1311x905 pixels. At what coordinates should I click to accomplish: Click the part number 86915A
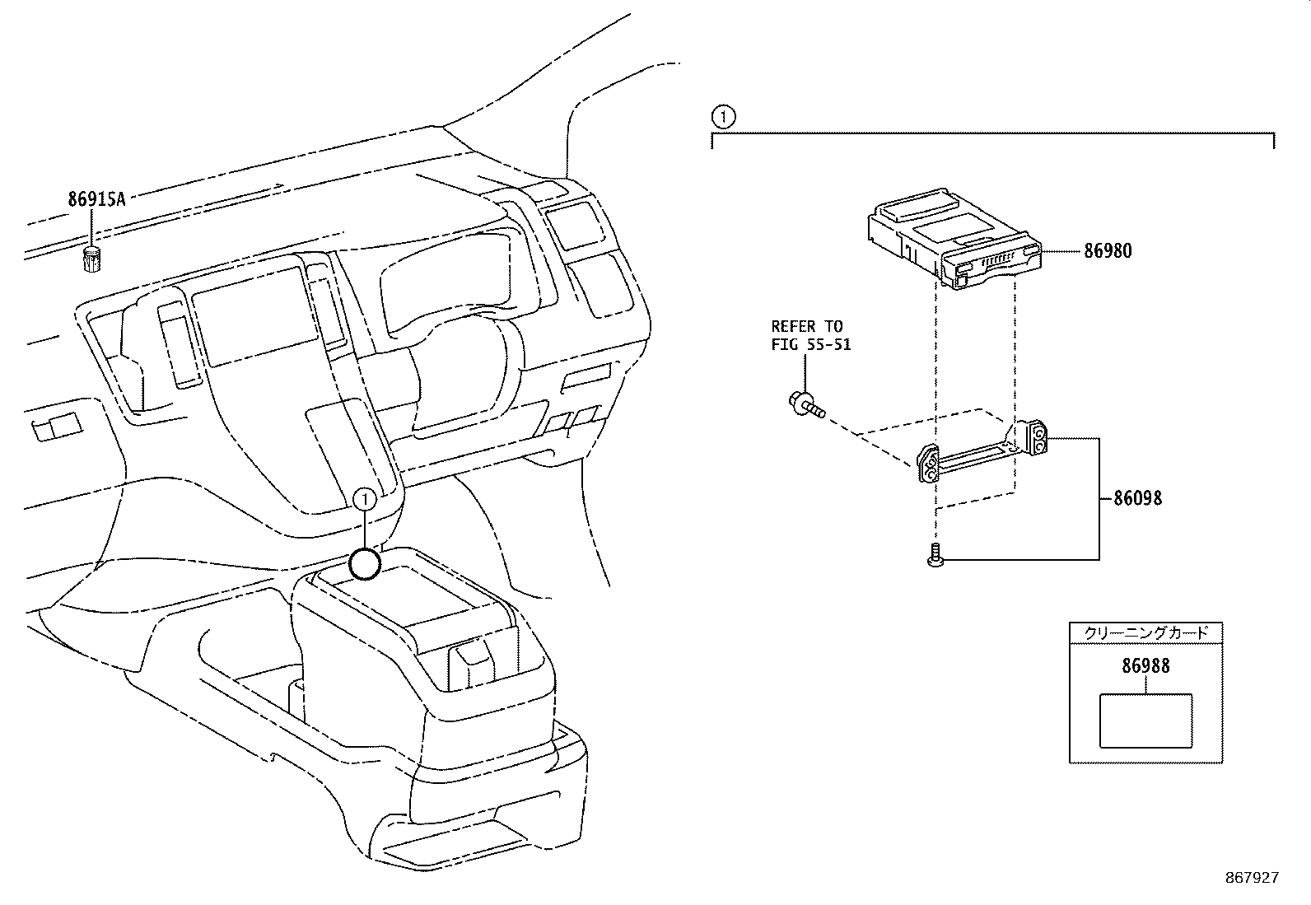pos(96,198)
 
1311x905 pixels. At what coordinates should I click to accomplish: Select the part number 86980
pos(1108,251)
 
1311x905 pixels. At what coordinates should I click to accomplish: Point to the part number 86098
pos(1137,498)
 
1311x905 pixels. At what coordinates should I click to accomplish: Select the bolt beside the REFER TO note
pos(805,404)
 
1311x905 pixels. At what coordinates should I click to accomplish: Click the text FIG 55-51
pos(810,345)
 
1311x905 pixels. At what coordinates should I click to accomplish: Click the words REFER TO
pos(806,327)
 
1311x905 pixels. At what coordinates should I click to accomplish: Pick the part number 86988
pos(1145,666)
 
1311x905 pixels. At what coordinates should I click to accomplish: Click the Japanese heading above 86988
pos(1145,633)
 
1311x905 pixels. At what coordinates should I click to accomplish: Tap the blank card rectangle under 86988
pos(1145,720)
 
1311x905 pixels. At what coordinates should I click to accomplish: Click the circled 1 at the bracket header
pos(722,118)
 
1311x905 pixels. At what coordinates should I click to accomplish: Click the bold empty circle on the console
pos(365,565)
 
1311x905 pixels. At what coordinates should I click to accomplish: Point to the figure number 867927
pos(1251,878)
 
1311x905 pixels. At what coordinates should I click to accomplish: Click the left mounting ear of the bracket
pos(928,466)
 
